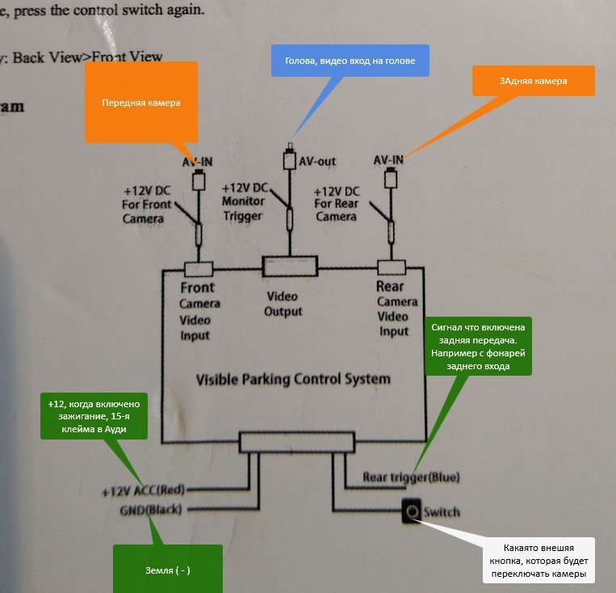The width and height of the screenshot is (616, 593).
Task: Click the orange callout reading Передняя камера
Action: (x=141, y=103)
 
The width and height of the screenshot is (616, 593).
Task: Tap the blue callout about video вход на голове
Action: (x=350, y=60)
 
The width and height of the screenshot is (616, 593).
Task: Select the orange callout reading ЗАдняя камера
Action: (x=533, y=81)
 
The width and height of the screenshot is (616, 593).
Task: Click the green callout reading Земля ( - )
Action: (x=167, y=570)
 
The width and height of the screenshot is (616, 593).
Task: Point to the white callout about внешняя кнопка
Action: (x=538, y=561)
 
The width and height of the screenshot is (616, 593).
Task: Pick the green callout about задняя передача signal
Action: (x=479, y=346)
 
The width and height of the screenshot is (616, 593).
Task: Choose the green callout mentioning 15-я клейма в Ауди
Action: (x=94, y=415)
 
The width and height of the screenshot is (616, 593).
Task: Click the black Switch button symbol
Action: (x=412, y=511)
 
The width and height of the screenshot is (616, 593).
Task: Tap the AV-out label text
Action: (x=317, y=161)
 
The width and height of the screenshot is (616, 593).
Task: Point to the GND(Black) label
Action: (x=151, y=510)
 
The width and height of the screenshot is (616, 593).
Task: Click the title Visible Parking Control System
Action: (x=293, y=379)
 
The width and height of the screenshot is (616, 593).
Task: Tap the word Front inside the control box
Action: (x=197, y=288)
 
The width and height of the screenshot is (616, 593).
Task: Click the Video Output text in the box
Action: (x=283, y=304)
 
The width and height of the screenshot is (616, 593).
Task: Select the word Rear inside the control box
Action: (x=391, y=287)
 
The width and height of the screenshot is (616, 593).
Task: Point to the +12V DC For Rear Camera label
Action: (x=337, y=204)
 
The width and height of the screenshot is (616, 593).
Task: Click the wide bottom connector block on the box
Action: (x=297, y=442)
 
